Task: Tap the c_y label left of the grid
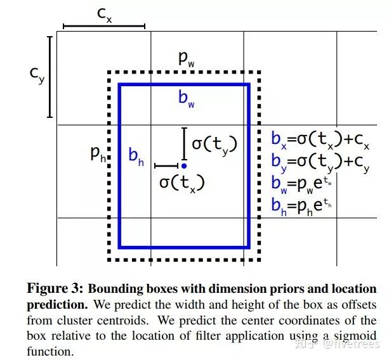[37, 75]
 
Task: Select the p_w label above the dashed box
[187, 59]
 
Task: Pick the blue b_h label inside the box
[136, 156]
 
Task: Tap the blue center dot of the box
[184, 165]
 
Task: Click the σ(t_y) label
[214, 145]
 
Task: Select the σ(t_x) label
[182, 183]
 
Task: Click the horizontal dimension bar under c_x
[104, 27]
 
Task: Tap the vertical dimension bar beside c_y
[50, 77]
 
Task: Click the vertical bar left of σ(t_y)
[184, 144]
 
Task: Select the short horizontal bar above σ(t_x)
[166, 165]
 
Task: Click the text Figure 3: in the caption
[55, 289]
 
